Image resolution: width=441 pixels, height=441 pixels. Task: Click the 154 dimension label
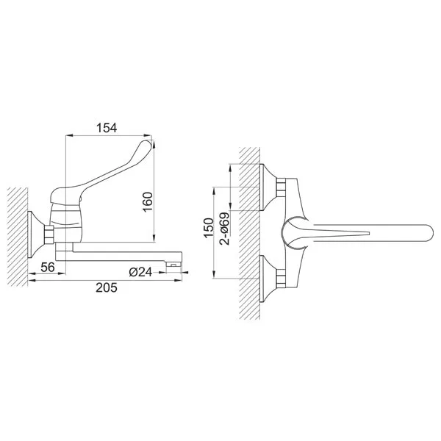coord(107,128)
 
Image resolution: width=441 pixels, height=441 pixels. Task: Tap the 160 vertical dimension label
coord(148,202)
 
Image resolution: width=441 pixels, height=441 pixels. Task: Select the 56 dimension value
coord(48,268)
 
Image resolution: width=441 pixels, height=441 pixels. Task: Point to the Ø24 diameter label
coord(140,272)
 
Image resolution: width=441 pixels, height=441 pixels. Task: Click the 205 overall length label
coord(107,287)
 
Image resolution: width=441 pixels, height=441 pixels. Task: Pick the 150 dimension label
coord(209,228)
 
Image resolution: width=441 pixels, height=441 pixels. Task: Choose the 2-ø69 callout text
coord(225,229)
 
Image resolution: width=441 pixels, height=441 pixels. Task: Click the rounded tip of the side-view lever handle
coord(148,144)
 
